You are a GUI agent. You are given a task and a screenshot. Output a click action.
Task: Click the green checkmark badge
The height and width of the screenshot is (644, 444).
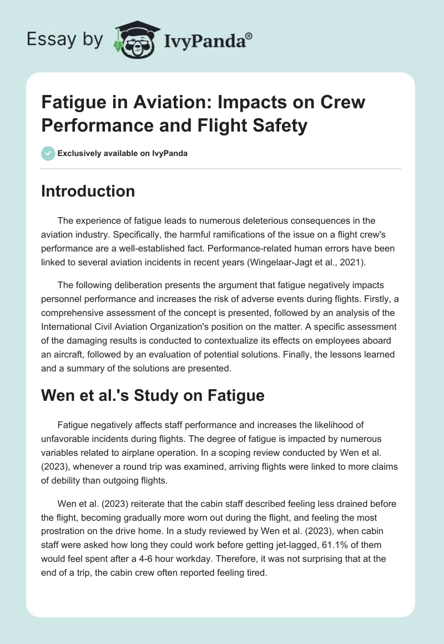coord(48,153)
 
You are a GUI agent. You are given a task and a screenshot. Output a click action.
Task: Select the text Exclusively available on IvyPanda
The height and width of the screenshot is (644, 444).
coord(123,153)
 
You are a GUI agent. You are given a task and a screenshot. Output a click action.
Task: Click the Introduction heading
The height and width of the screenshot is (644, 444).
coord(88,191)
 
